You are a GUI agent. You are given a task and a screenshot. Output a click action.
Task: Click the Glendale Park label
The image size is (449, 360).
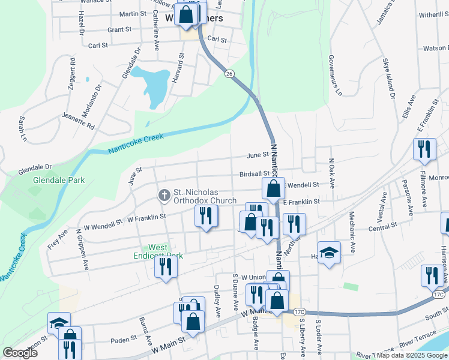(59, 179)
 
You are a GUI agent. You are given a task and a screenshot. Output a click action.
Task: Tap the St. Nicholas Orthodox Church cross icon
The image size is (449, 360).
(163, 195)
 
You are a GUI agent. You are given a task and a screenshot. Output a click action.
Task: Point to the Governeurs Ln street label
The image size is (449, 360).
(334, 76)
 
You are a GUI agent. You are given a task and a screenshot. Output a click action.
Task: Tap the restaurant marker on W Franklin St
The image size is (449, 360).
(206, 217)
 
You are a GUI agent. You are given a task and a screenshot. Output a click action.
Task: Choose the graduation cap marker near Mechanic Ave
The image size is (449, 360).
(329, 253)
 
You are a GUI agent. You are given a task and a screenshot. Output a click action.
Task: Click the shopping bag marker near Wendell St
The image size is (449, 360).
(273, 189)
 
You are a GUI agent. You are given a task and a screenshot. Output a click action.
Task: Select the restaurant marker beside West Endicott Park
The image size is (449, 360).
(166, 266)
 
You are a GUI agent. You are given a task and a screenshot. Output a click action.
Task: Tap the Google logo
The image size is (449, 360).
(20, 353)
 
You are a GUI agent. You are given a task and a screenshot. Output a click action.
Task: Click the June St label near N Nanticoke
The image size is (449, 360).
(257, 155)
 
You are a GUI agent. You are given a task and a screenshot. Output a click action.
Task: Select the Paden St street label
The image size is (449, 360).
(124, 340)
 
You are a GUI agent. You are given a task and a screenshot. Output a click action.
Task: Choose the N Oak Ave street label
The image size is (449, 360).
(331, 171)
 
